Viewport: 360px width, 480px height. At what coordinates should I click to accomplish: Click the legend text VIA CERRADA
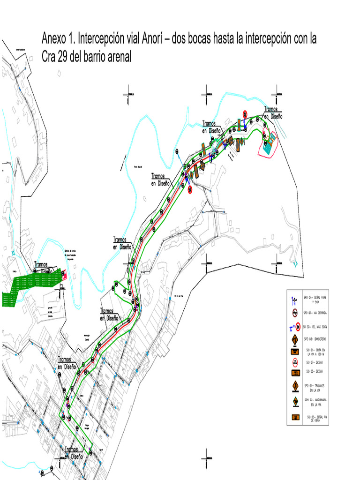point(318,313)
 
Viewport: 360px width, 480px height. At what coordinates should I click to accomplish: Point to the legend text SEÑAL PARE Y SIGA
point(318,300)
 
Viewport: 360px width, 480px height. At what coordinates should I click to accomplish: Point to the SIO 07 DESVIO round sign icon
point(295,362)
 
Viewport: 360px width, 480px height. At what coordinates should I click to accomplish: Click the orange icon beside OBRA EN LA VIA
point(295,351)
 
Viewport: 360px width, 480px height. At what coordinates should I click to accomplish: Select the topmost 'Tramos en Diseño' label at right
point(273,112)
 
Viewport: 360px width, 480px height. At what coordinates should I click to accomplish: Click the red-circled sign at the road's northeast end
point(245,114)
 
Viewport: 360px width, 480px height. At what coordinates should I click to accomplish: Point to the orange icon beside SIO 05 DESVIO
point(295,372)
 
